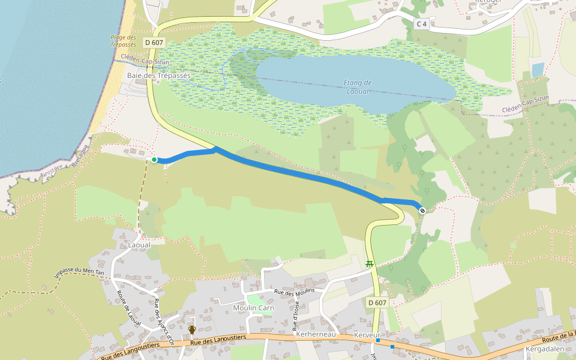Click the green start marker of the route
click(154, 160)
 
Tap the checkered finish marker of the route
click(422, 210)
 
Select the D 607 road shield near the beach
click(154, 43)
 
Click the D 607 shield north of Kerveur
click(377, 302)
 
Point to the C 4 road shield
click(422, 24)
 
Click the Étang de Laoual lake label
click(359, 87)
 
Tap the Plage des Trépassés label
click(124, 41)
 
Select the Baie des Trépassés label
click(158, 76)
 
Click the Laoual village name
click(139, 245)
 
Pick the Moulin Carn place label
click(253, 308)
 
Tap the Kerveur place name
click(367, 334)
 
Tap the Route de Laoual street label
click(128, 308)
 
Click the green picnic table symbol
click(370, 263)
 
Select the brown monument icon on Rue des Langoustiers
click(192, 330)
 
